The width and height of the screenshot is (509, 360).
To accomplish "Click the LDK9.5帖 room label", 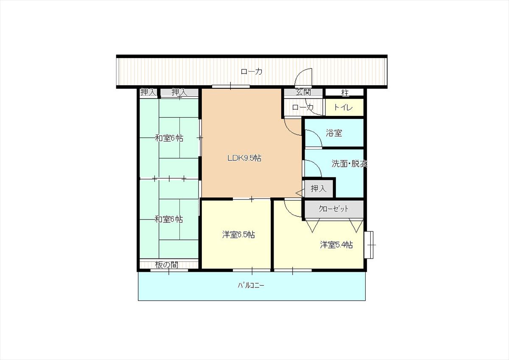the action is [244, 158].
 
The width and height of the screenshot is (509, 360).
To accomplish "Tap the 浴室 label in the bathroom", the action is [334, 133].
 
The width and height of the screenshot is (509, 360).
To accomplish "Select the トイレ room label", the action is [343, 107].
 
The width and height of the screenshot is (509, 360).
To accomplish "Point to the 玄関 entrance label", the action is [303, 92].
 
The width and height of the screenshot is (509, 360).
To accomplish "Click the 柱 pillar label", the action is [345, 93].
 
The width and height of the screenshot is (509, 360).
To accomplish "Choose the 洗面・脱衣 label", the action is [349, 163].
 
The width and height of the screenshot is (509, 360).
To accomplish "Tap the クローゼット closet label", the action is [333, 208].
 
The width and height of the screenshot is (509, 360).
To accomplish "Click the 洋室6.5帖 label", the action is [238, 234].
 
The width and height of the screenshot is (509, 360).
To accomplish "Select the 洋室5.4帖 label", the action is [336, 245].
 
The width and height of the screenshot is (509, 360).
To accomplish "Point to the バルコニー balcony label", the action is [251, 285].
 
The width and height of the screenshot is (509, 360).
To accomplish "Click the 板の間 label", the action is [167, 265].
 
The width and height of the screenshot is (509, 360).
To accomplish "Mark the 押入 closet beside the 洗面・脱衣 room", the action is [319, 188].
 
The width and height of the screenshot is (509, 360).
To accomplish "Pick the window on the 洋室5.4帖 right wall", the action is [369, 245].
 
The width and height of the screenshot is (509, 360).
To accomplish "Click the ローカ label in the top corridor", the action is [251, 71].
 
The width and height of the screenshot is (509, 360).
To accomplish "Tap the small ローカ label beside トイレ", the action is [303, 107].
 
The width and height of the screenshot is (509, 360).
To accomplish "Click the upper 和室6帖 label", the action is [169, 138].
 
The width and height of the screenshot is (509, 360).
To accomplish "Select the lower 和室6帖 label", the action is [169, 219].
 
